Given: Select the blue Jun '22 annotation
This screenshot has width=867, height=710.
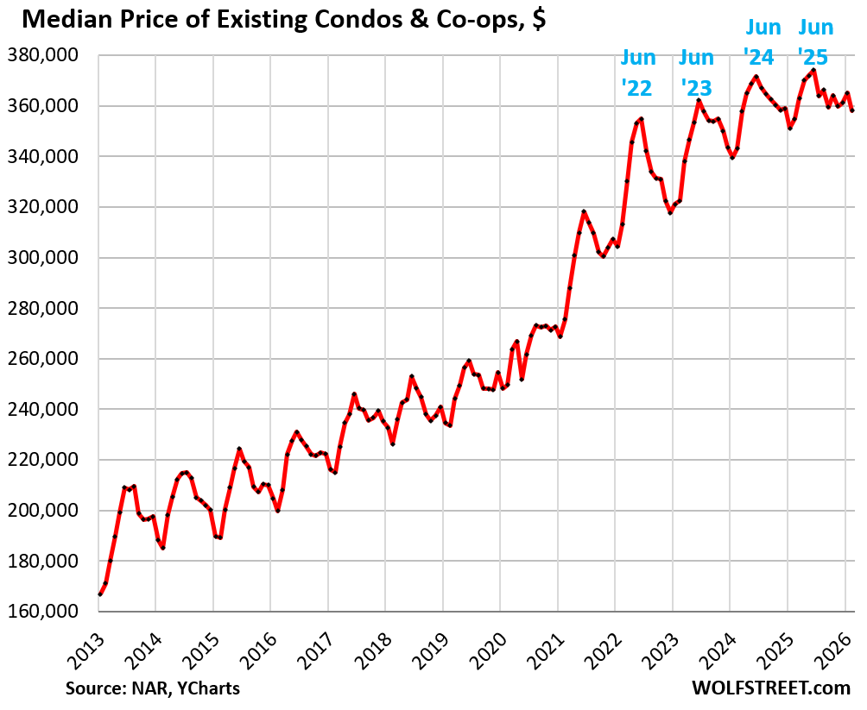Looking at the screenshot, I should (x=638, y=72).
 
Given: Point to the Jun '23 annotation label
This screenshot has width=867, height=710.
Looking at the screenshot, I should (x=696, y=72).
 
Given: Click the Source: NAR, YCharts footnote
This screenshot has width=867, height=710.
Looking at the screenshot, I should (x=152, y=688).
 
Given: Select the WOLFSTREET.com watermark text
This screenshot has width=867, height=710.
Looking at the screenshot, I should (x=772, y=688).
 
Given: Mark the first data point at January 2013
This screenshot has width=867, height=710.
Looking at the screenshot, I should (x=100, y=594).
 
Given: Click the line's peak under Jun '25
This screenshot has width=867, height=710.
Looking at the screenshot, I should (x=813, y=71).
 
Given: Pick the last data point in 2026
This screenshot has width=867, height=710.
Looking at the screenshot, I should (x=852, y=110).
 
